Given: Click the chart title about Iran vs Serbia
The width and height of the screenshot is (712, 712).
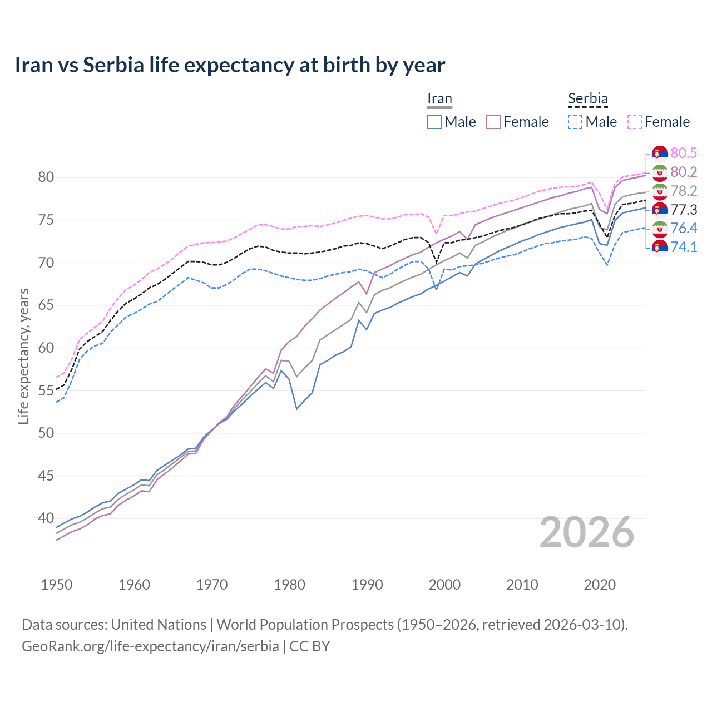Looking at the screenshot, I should [x=230, y=65].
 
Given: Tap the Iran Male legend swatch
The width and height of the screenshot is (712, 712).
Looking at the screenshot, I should [x=434, y=122].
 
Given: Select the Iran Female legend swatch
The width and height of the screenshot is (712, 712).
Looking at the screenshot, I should [x=493, y=122].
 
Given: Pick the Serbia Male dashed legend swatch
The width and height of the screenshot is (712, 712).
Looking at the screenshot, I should [x=575, y=122].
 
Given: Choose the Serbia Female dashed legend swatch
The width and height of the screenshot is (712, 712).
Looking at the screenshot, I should [x=635, y=122].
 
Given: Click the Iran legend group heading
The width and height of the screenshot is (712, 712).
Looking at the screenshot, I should [x=439, y=98].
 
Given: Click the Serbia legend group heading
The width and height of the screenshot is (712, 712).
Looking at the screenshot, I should [x=587, y=98].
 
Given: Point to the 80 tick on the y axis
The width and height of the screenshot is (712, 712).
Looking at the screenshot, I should [x=46, y=177].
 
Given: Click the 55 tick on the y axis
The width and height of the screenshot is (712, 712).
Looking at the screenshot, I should [x=46, y=390].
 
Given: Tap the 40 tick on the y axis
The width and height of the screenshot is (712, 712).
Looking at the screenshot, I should [x=46, y=518].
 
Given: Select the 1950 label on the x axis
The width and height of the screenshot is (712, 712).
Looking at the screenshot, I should [x=57, y=585].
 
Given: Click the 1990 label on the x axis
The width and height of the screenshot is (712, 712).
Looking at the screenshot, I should [x=367, y=585].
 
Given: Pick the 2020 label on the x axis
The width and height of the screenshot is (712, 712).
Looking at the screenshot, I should [x=600, y=585].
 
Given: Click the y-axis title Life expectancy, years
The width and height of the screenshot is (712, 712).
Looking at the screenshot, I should [x=23, y=356].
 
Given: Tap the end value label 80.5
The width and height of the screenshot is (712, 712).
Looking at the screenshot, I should [x=684, y=153].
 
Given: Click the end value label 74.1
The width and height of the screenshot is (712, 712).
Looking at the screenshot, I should [x=684, y=247].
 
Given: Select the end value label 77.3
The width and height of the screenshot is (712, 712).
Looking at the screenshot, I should [x=684, y=210].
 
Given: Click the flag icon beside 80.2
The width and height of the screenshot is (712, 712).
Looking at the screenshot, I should [x=660, y=172].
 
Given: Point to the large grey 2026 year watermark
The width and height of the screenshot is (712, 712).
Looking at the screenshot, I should [x=587, y=532].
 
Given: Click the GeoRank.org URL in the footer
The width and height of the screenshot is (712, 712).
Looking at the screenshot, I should [x=150, y=646].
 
